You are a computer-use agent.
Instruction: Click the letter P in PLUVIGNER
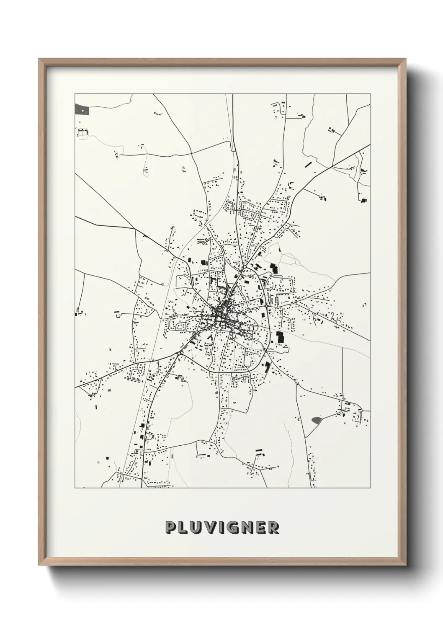click(x=171, y=527)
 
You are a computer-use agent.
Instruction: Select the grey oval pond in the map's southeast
click(x=317, y=419)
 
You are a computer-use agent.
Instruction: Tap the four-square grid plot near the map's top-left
click(x=83, y=134)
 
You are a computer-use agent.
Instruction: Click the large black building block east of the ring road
click(x=280, y=336)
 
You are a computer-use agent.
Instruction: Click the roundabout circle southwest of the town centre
click(x=179, y=354)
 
